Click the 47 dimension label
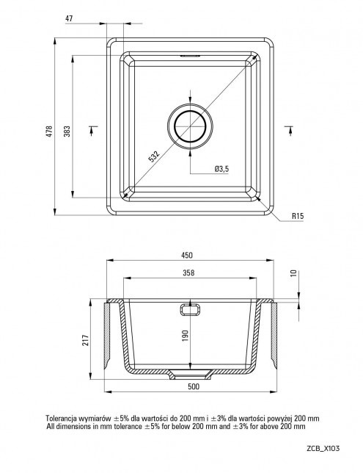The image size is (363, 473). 69,18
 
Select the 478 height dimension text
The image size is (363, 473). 49,131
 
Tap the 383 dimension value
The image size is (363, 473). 67,131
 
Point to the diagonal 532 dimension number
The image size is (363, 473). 154,156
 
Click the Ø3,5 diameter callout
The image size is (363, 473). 221,169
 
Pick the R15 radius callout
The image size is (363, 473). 298,216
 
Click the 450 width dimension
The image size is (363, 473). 187,255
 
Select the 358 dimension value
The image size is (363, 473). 188,272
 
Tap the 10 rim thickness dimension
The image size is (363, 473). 294,273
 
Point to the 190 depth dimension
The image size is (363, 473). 185,336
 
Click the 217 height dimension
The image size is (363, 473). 86,340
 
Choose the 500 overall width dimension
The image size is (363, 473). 194,386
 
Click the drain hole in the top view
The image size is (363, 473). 190,126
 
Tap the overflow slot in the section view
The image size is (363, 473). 190,309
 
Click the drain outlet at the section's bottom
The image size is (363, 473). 190,375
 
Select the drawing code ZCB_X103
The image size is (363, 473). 323,448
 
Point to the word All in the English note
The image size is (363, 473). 51,426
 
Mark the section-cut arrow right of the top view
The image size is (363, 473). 289,130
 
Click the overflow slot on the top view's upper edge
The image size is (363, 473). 190,56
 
